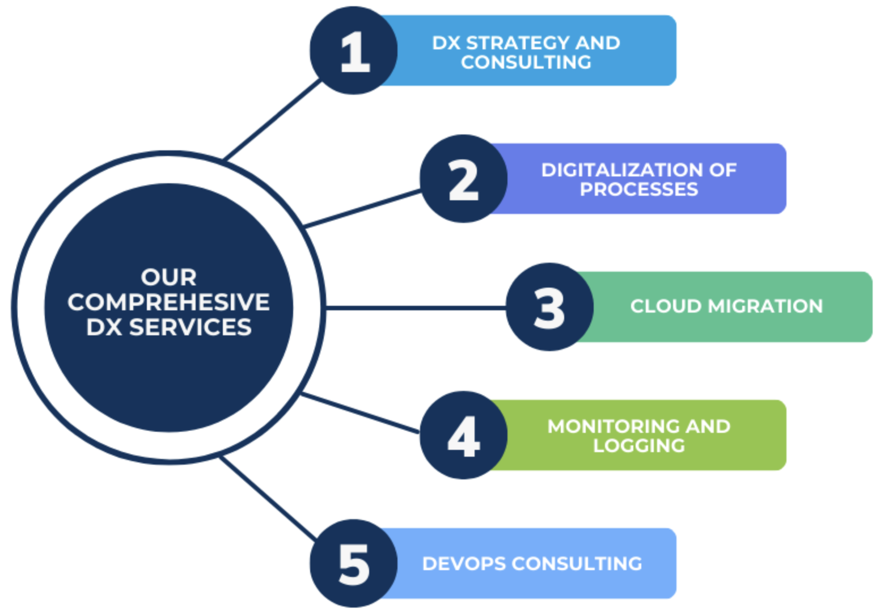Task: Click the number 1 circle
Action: point(353,50)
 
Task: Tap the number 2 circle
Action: point(463,179)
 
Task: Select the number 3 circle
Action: point(549,307)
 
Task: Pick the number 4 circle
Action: point(463,435)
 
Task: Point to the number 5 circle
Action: point(353,563)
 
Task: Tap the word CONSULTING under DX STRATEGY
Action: point(526,62)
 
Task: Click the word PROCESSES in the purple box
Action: point(638,189)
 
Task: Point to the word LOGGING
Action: point(638,446)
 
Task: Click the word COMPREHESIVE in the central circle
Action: point(168,302)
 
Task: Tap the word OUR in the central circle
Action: point(168,277)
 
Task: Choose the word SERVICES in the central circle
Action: point(190,327)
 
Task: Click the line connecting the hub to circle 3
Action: point(414,307)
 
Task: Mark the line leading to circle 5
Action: point(266,498)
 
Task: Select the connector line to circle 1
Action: point(272,120)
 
